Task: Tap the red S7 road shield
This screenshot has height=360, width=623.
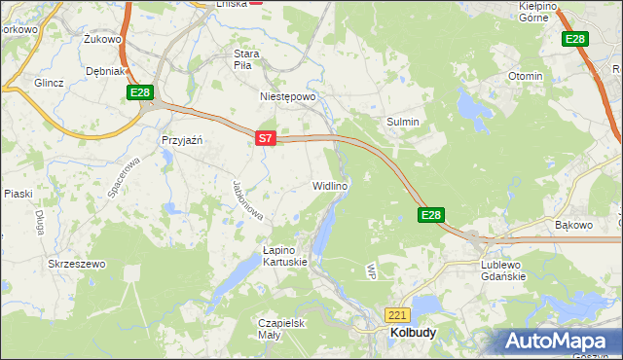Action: click(x=266, y=139)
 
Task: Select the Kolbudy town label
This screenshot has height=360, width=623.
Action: click(x=413, y=332)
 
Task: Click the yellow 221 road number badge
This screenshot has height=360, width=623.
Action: click(x=397, y=315)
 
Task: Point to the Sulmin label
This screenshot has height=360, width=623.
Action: click(x=404, y=122)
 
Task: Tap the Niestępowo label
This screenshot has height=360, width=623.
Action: click(x=288, y=97)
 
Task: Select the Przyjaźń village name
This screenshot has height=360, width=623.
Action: click(x=181, y=140)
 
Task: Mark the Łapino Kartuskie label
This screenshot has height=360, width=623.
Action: click(x=285, y=256)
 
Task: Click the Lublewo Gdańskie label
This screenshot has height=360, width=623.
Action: click(x=503, y=270)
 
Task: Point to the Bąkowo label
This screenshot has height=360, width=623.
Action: click(x=573, y=226)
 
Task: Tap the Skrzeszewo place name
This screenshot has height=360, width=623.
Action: click(x=76, y=264)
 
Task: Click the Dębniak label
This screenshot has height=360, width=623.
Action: click(x=104, y=71)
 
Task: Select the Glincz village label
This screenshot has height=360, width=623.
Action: click(x=48, y=83)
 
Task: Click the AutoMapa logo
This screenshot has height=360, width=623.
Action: click(x=559, y=342)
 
